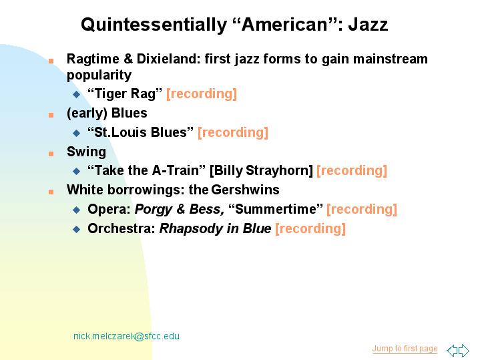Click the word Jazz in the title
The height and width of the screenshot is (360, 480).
369,25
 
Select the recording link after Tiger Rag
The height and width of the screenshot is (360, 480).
202,94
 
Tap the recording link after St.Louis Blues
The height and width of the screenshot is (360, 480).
233,132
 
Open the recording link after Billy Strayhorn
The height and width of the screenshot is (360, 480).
352,171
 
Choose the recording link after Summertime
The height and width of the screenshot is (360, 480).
362,210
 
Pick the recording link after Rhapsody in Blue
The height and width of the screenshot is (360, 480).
310,229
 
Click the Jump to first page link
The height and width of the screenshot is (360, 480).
405,349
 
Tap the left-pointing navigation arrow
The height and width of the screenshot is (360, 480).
453,350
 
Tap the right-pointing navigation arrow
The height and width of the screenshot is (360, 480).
464,350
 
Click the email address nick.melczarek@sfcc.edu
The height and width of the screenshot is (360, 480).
126,336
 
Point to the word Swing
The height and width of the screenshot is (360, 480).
86,152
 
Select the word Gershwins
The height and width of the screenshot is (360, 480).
245,190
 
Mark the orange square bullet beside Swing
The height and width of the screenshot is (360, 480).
51,154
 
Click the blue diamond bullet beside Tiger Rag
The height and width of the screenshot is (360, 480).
77,94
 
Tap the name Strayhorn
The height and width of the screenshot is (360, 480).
279,171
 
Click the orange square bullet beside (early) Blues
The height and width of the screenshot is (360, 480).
51,115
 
